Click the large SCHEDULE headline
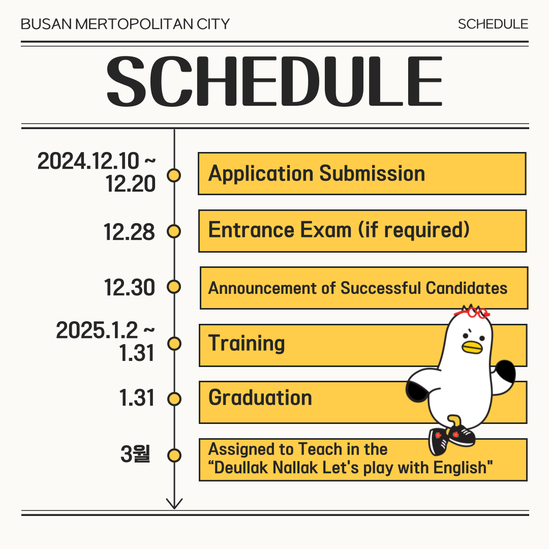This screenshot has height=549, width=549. click(x=274, y=81)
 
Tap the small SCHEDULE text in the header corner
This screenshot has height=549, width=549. click(x=493, y=24)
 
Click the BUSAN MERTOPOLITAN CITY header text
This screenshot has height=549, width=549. click(x=125, y=24)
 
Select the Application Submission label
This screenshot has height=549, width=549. click(x=317, y=173)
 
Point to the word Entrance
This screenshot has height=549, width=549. click(x=251, y=230)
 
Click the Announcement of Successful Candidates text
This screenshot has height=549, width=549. click(x=358, y=288)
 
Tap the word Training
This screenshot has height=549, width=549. click(x=247, y=343)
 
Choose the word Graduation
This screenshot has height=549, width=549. click(x=260, y=398)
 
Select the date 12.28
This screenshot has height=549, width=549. click(x=129, y=232)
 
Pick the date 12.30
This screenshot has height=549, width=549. click(x=129, y=287)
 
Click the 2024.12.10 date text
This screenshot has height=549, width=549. click(x=88, y=161)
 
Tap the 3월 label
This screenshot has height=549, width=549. click(x=136, y=454)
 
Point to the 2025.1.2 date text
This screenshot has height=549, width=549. click(x=97, y=330)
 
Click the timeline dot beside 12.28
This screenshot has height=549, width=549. click(x=174, y=231)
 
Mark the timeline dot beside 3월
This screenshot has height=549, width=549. click(x=174, y=456)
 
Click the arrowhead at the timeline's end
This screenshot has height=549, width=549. click(x=174, y=504)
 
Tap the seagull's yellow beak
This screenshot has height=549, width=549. click(x=472, y=347)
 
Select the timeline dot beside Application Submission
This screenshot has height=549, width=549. click(x=174, y=175)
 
